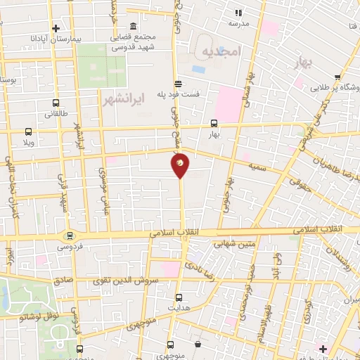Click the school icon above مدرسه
click(238, 12)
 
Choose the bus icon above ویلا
click(28, 131)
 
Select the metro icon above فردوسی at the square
click(69, 236)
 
